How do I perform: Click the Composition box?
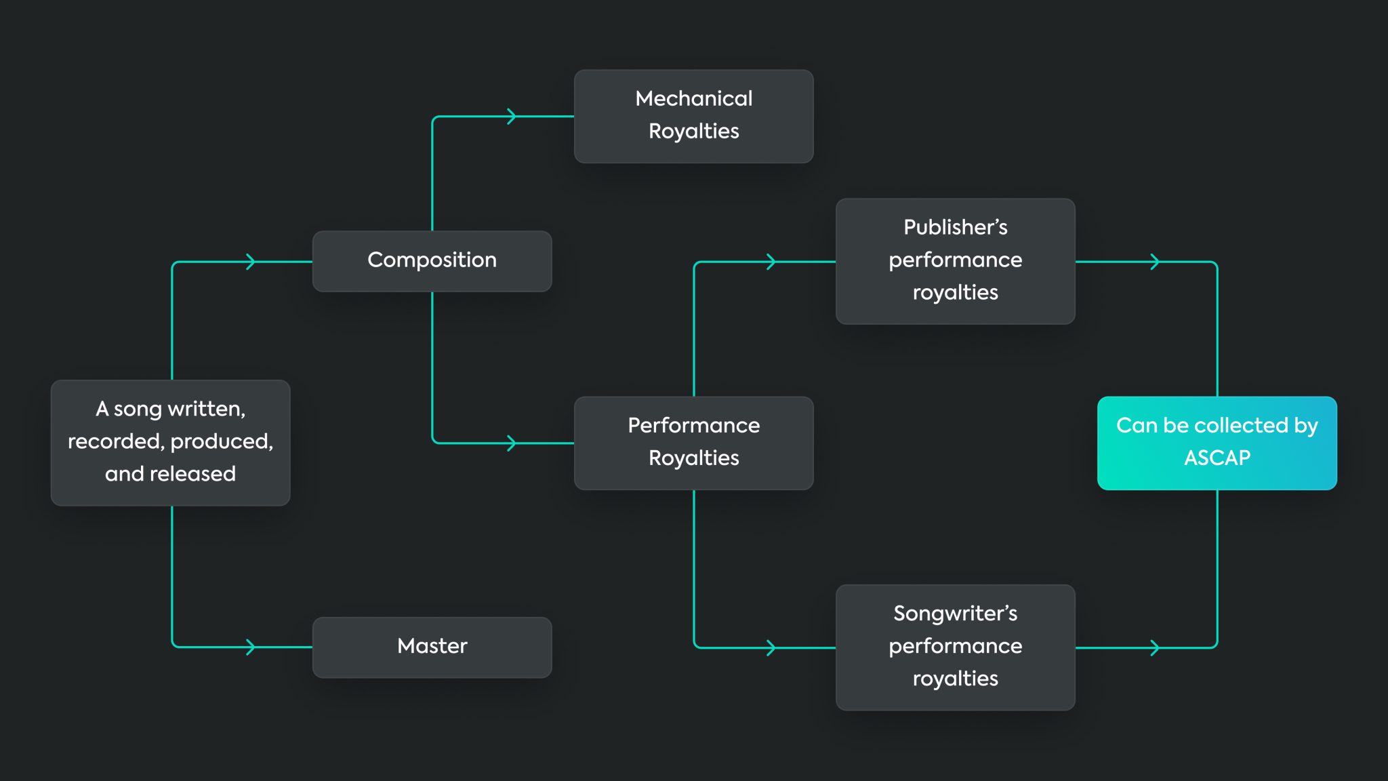coord(432,261)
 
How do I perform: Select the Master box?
coord(432,647)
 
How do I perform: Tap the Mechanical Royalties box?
coord(693,116)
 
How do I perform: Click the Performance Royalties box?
coord(693,443)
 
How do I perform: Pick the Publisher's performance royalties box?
coord(955,261)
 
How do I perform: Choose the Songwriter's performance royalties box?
coord(955,647)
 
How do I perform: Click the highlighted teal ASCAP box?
coord(1217,443)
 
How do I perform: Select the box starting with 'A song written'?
coord(170,442)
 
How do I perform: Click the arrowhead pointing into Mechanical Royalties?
coord(512,117)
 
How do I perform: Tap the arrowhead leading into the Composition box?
coord(251,262)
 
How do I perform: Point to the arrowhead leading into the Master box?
coord(251,647)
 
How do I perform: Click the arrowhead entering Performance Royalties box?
coord(512,443)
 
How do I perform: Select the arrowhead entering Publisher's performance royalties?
coord(771,262)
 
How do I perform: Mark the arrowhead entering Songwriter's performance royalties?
coord(771,647)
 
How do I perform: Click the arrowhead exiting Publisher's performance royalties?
coord(1155,262)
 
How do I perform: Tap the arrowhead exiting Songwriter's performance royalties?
coord(1155,647)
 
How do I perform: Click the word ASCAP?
coord(1217,458)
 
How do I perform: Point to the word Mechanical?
coord(693,99)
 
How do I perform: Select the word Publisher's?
coord(955,228)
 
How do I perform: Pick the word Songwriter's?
coord(955,614)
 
